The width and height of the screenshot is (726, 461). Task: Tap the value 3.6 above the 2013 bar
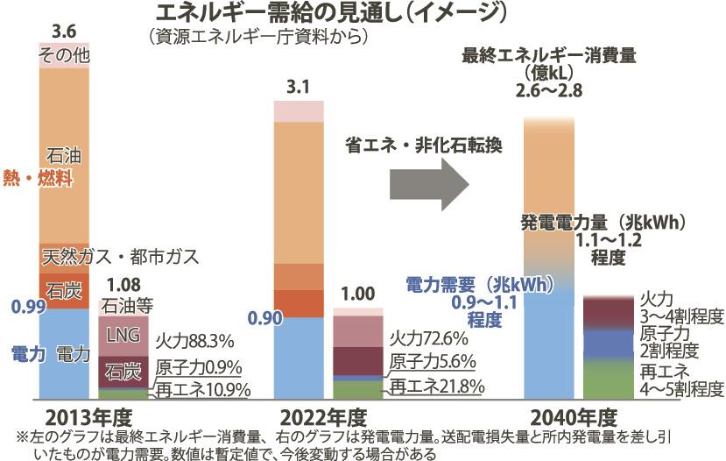65,32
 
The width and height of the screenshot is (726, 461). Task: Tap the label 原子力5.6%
433,361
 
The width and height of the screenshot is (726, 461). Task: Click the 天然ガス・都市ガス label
121,257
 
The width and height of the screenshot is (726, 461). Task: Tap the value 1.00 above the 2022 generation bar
358,294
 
